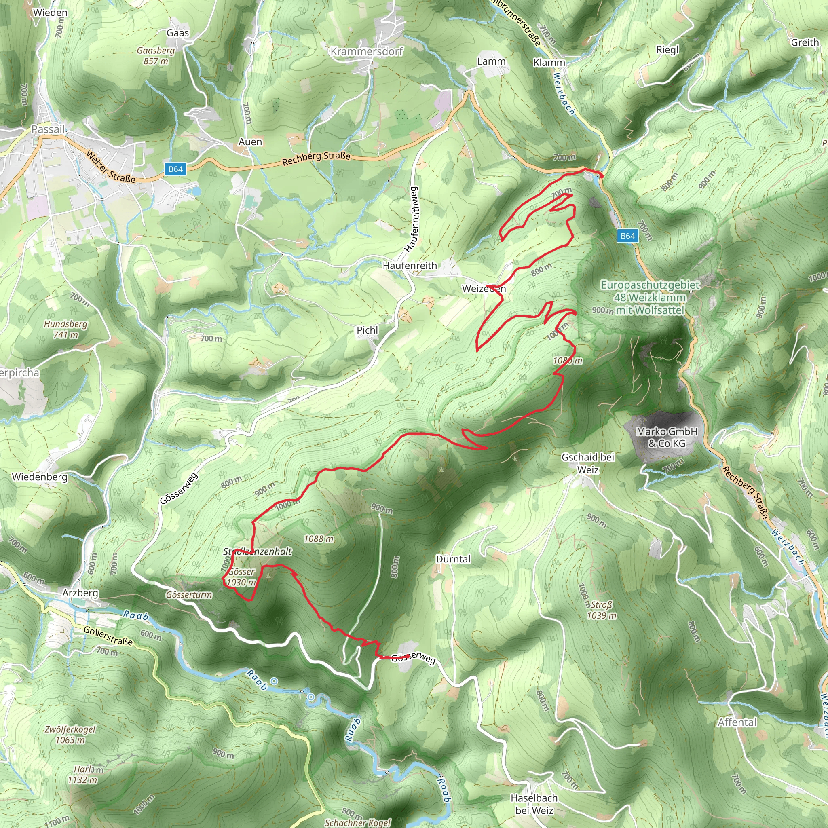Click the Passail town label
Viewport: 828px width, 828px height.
(x=49, y=129)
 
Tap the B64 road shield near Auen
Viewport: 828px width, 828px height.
(x=175, y=169)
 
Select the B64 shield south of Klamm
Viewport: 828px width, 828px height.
(x=627, y=236)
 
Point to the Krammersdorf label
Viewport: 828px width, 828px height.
(x=367, y=51)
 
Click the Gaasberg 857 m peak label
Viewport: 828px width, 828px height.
(x=156, y=56)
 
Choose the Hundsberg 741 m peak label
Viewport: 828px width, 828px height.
(x=65, y=329)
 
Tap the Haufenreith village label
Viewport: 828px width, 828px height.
(x=410, y=266)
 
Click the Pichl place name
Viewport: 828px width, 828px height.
(x=367, y=330)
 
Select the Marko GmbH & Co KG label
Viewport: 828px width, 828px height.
(x=667, y=437)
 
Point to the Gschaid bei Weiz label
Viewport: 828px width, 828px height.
(x=588, y=463)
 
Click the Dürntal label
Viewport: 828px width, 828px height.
(x=453, y=559)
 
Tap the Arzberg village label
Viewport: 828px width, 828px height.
(x=80, y=593)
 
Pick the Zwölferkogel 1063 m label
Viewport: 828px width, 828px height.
(x=70, y=734)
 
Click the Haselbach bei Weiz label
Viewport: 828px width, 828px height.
(x=534, y=804)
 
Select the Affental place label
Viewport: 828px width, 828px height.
(x=737, y=722)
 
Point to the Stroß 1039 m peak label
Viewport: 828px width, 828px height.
(x=602, y=610)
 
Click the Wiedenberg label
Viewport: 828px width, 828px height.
(x=40, y=477)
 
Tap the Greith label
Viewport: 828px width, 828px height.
(x=805, y=42)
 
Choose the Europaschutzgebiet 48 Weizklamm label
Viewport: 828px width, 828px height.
(x=650, y=297)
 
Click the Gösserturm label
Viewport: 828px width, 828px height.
(x=188, y=595)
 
